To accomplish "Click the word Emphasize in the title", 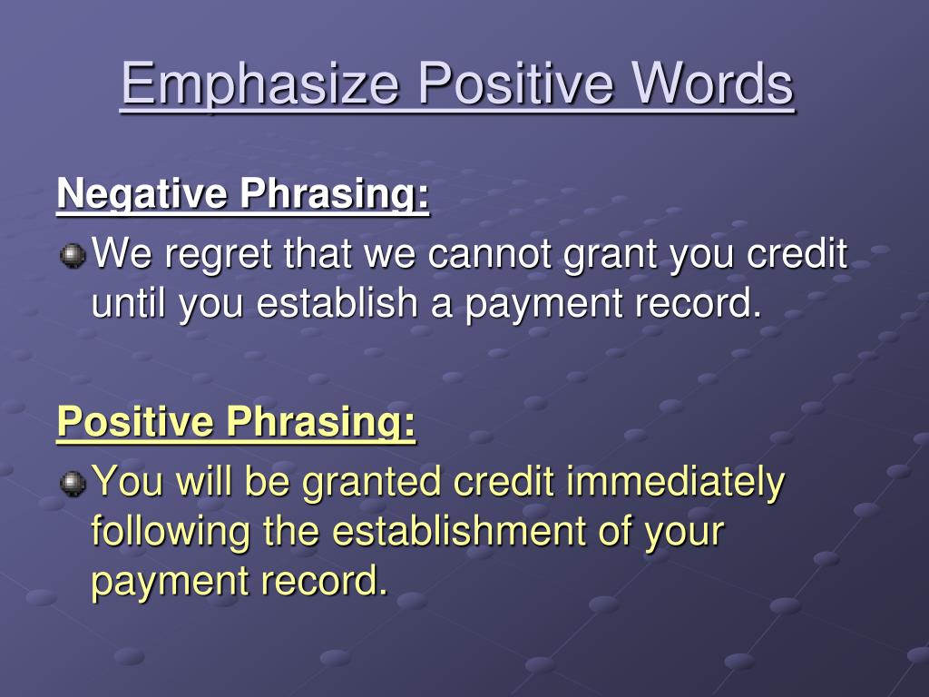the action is click(x=259, y=84).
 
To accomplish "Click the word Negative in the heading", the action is click(x=142, y=194).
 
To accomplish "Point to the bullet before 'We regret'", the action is click(x=73, y=255).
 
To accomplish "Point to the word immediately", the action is click(x=675, y=483).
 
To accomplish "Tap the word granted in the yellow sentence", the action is click(x=371, y=483).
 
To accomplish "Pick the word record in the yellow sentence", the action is click(x=325, y=580).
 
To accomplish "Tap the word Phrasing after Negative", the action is click(x=334, y=194).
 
